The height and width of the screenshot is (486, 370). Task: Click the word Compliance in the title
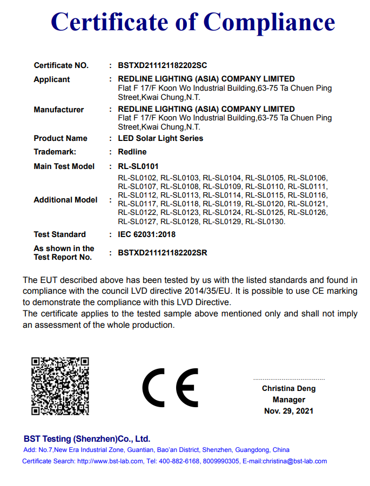269,22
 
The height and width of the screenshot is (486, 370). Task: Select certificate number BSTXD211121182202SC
163,66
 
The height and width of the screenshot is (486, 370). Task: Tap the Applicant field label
52,79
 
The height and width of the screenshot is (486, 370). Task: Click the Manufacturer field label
59,110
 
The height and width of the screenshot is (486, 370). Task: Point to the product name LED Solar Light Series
160,138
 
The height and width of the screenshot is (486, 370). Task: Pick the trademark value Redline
132,152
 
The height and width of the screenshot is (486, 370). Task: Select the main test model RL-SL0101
138,166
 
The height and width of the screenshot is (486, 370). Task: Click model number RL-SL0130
265,221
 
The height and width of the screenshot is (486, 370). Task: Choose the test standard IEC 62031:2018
147,234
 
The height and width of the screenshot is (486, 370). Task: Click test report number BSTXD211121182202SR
163,253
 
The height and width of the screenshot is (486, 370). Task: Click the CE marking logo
171,388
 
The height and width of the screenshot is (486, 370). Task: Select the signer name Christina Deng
288,388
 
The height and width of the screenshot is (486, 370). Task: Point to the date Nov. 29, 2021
288,411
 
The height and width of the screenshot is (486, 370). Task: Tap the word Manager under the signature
288,400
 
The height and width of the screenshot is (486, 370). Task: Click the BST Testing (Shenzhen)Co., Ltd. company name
87,438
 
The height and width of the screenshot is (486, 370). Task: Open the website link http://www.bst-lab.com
110,461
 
